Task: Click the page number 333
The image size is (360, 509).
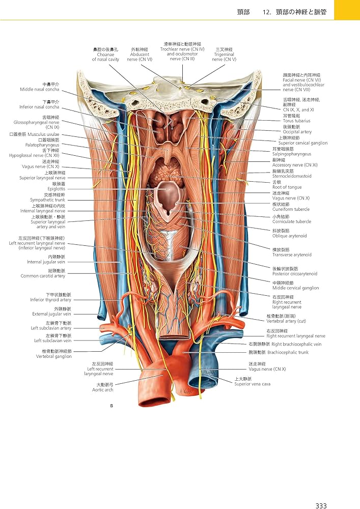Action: pos(321,491)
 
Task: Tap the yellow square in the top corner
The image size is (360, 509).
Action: pos(347,10)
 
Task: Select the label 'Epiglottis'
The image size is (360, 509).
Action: pos(56,189)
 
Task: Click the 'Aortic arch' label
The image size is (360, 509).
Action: pos(102,390)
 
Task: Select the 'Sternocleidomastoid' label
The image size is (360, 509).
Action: pos(291,176)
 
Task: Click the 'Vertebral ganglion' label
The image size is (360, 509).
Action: pos(53,356)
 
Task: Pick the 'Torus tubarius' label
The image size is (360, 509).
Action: pos(296,121)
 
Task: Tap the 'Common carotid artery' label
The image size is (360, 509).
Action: pos(43,276)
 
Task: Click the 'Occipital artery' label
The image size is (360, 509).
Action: pos(297,132)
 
